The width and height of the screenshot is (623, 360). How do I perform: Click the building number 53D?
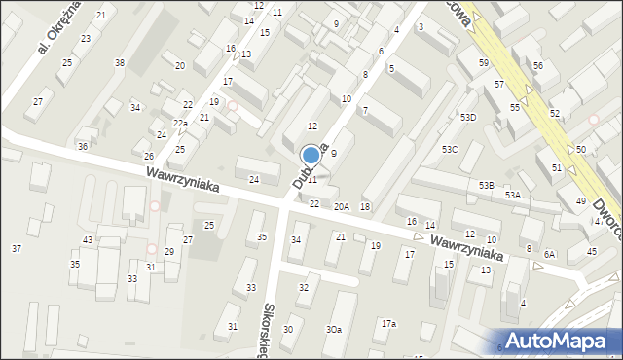tap(469, 117)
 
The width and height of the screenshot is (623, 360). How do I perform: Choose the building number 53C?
tap(449, 149)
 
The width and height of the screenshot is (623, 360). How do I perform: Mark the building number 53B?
tap(486, 185)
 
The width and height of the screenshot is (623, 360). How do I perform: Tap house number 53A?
tap(512, 195)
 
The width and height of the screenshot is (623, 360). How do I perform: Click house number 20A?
tap(342, 206)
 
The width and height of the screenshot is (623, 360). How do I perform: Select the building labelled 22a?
tap(180, 124)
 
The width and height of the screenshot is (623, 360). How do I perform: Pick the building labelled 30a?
tap(334, 330)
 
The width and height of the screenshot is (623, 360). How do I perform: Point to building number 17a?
tap(388, 323)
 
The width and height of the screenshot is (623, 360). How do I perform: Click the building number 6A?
tap(550, 254)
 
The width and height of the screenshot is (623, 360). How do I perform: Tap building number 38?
tap(119, 62)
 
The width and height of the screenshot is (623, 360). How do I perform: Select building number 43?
tap(88, 239)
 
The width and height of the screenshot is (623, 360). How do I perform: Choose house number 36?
tap(83, 146)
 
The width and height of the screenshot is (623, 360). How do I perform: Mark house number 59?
tap(484, 62)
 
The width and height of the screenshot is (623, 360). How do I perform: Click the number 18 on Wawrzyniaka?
tap(365, 206)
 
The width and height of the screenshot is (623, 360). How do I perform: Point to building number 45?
tap(591, 252)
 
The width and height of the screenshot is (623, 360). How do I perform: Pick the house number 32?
tap(303, 288)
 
